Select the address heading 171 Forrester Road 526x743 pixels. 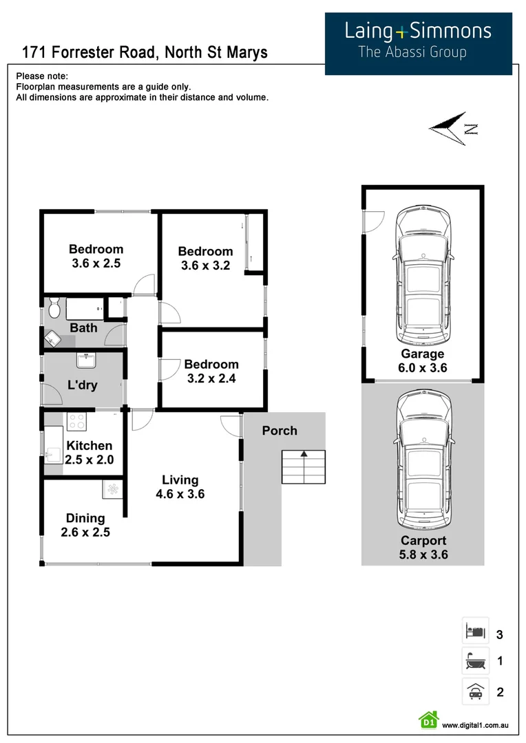[145, 52]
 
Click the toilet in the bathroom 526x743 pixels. [54, 308]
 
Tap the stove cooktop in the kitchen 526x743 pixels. [76, 420]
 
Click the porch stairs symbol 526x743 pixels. [303, 467]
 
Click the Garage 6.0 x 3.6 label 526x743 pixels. [423, 361]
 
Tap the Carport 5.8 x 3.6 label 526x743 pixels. [423, 548]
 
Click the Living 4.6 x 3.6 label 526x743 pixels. [180, 487]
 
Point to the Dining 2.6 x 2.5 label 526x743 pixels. [85, 525]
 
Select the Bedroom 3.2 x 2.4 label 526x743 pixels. [211, 371]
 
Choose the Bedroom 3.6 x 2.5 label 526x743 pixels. [96, 256]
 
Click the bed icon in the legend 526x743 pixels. [475, 631]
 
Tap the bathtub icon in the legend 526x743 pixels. [475, 661]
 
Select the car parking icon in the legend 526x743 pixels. [475, 691]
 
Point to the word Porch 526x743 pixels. [280, 431]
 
